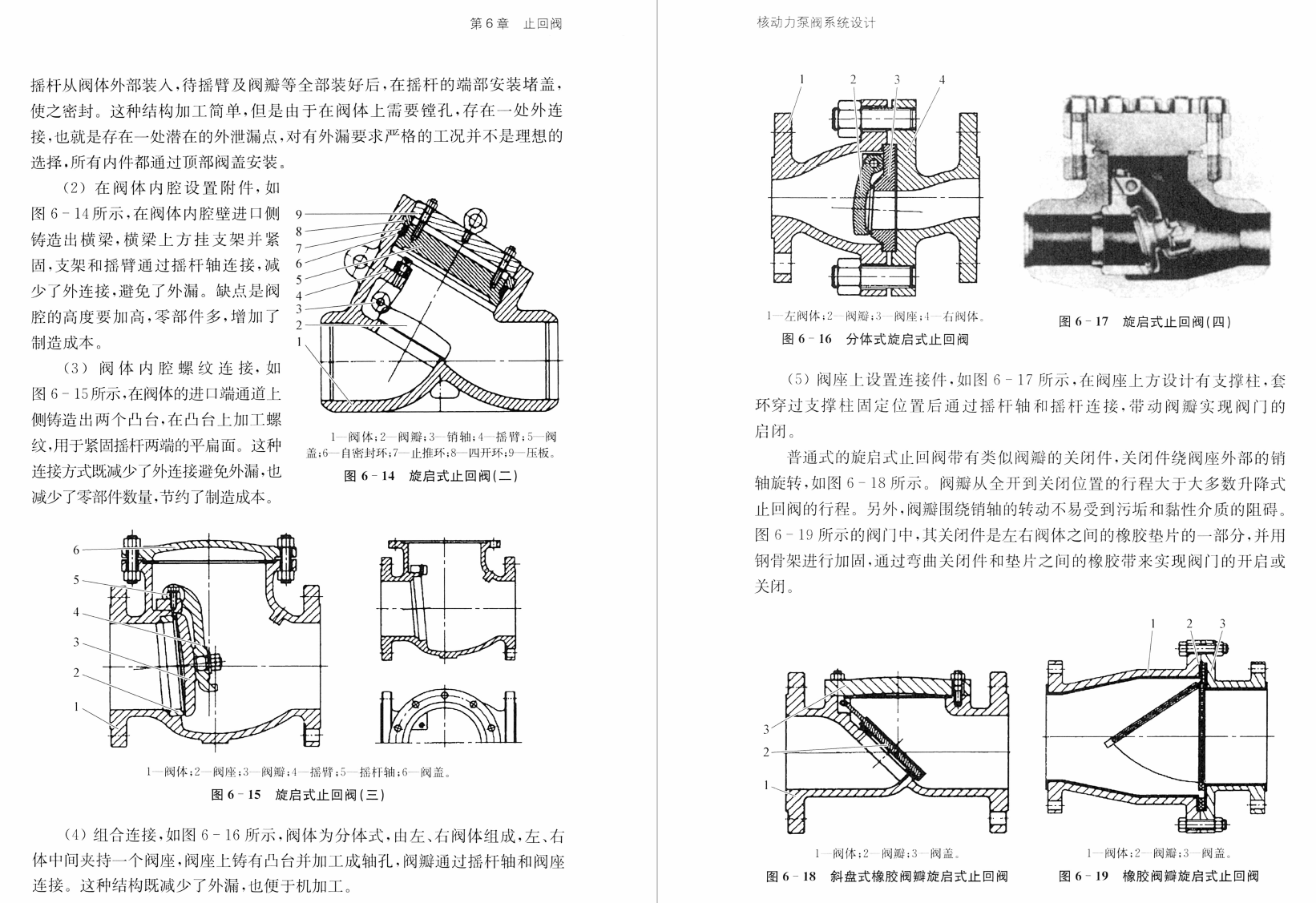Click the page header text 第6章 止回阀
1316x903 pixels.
pyautogui.click(x=515, y=23)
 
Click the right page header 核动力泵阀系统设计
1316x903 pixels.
pyautogui.click(x=817, y=23)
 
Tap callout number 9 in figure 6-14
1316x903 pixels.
pyautogui.click(x=298, y=214)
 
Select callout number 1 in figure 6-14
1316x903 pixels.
pyautogui.click(x=298, y=341)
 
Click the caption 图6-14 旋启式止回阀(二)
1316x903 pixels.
pyautogui.click(x=431, y=476)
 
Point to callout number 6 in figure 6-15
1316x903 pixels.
pyautogui.click(x=77, y=550)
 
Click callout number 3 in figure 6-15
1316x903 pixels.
pyautogui.click(x=77, y=642)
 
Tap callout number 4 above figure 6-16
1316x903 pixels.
pyautogui.click(x=943, y=79)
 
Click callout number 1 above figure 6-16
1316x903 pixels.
pyautogui.click(x=801, y=79)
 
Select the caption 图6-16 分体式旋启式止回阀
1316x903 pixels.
pyautogui.click(x=875, y=339)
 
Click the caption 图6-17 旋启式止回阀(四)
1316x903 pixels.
pyautogui.click(x=1144, y=322)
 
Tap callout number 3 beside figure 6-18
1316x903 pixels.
pyautogui.click(x=766, y=729)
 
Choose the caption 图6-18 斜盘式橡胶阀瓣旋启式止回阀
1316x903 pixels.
pyautogui.click(x=886, y=876)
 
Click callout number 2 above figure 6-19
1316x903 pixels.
pyautogui.click(x=1189, y=623)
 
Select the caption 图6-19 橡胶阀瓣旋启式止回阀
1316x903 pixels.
pyautogui.click(x=1158, y=876)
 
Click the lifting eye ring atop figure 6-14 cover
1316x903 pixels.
pyautogui.click(x=476, y=220)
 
